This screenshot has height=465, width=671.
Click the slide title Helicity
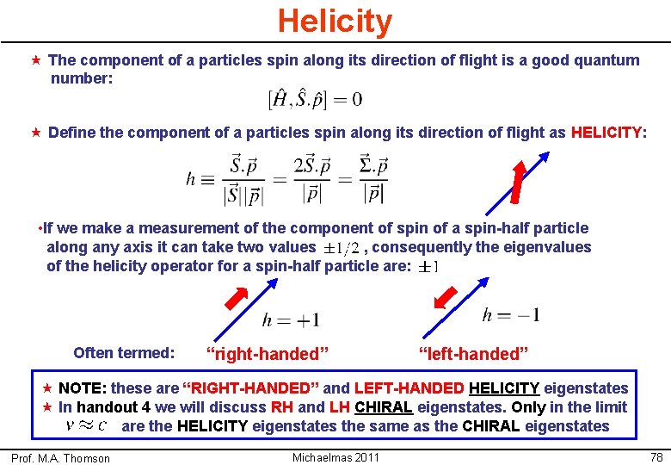coord(335,21)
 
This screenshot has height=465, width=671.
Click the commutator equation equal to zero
coord(315,99)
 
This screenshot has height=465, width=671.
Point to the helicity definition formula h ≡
coord(287,179)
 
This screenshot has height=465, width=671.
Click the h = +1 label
coord(291,319)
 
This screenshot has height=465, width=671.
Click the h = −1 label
coord(511,315)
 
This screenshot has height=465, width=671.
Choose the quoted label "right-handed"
coord(268,353)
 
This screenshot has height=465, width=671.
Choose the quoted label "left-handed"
coord(473,353)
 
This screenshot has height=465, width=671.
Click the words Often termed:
coord(124,352)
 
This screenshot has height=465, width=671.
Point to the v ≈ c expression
coord(86,425)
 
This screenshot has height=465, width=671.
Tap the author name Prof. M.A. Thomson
coord(60,458)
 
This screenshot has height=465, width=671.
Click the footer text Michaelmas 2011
coord(335,456)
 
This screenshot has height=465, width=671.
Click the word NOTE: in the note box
coord(83,388)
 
